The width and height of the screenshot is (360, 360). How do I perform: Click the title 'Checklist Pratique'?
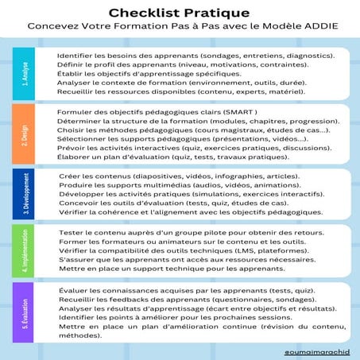click(x=180, y=13)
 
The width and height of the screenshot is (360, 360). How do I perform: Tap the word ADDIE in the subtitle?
click(x=312, y=26)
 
